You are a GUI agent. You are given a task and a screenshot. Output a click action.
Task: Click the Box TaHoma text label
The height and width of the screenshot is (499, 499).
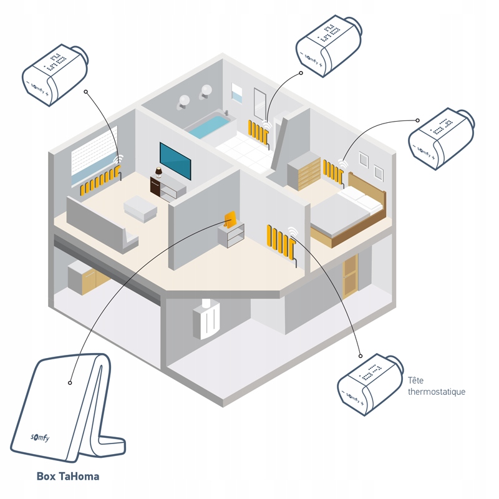click(67, 477)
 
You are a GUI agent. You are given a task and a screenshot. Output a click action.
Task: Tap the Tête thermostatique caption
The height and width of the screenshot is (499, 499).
click(436, 386)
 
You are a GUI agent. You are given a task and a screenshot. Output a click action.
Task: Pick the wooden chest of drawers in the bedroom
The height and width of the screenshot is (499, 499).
click(303, 172)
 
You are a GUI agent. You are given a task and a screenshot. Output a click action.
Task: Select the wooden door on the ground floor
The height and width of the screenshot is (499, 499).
click(351, 275)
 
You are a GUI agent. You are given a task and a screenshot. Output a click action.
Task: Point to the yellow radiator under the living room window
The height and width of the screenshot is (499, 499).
click(100, 181)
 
